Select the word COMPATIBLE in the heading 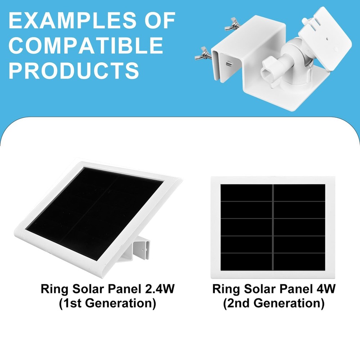tap(86, 46)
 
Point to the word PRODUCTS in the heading tap(74, 71)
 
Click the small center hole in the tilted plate tap(327, 37)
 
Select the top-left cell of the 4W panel tap(247, 193)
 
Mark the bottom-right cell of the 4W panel tap(300, 261)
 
